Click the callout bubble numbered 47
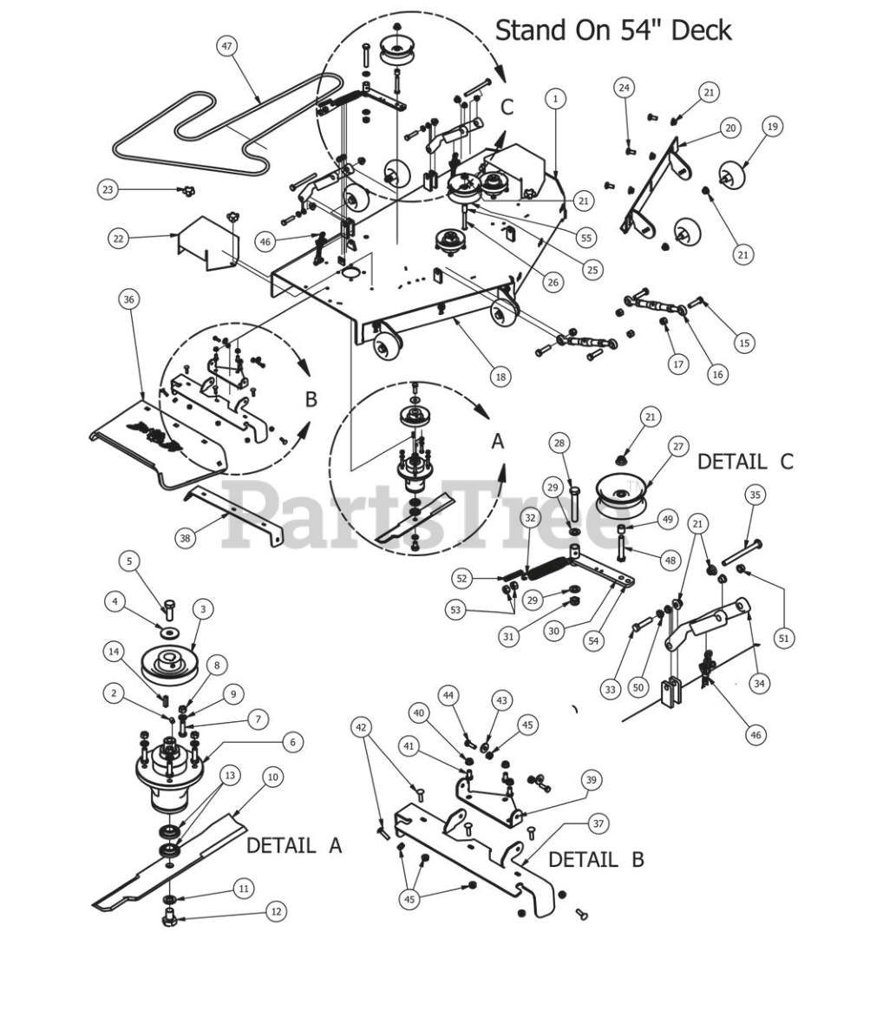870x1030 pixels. click(x=227, y=46)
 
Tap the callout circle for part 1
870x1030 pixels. click(x=555, y=99)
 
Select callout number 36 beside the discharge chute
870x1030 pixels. click(x=128, y=299)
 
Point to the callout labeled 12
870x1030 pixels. click(x=276, y=911)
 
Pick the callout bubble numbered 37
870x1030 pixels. click(x=598, y=823)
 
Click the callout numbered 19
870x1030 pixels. click(x=772, y=127)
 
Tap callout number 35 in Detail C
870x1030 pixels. click(x=756, y=495)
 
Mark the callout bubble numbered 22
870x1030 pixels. click(x=118, y=239)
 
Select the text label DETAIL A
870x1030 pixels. click(x=293, y=845)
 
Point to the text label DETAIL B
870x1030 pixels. click(x=596, y=859)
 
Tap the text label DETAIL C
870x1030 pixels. click(x=745, y=461)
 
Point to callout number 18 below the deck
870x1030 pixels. click(x=501, y=377)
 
